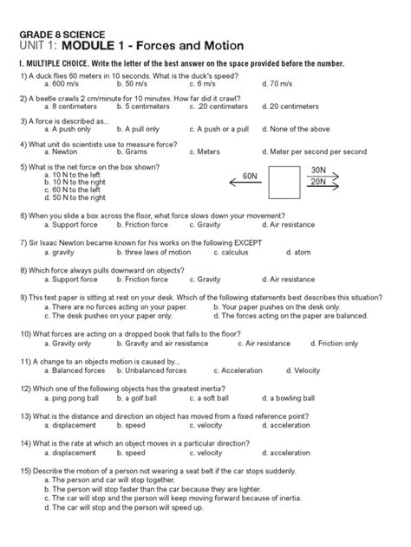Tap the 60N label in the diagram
coord(250,176)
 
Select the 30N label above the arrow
coord(318,171)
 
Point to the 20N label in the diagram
coord(317,183)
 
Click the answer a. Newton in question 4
coord(61,151)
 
